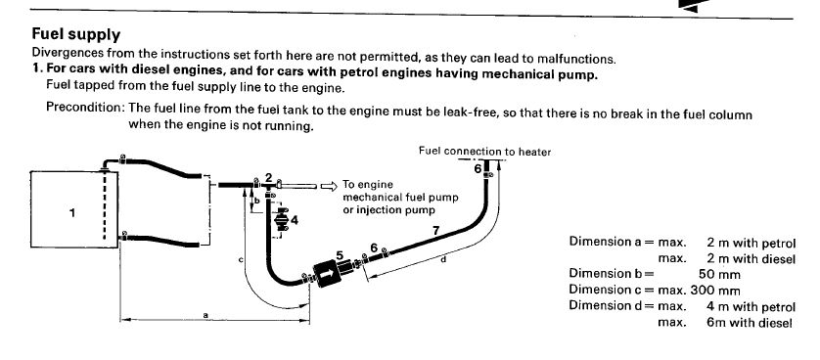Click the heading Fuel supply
[x=75, y=34]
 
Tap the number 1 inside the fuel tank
[x=72, y=212]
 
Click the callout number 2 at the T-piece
[x=268, y=178]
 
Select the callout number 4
[x=295, y=220]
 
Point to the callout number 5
[x=340, y=255]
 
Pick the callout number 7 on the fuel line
[x=436, y=229]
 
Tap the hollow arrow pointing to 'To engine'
[x=328, y=186]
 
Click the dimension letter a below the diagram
[x=205, y=315]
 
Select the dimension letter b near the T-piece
[x=256, y=201]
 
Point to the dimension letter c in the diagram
[x=241, y=259]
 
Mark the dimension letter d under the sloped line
[x=443, y=258]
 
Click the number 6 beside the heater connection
[x=478, y=169]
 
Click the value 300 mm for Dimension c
[x=715, y=290]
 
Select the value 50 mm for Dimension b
[x=719, y=274]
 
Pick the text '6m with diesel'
[x=749, y=323]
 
